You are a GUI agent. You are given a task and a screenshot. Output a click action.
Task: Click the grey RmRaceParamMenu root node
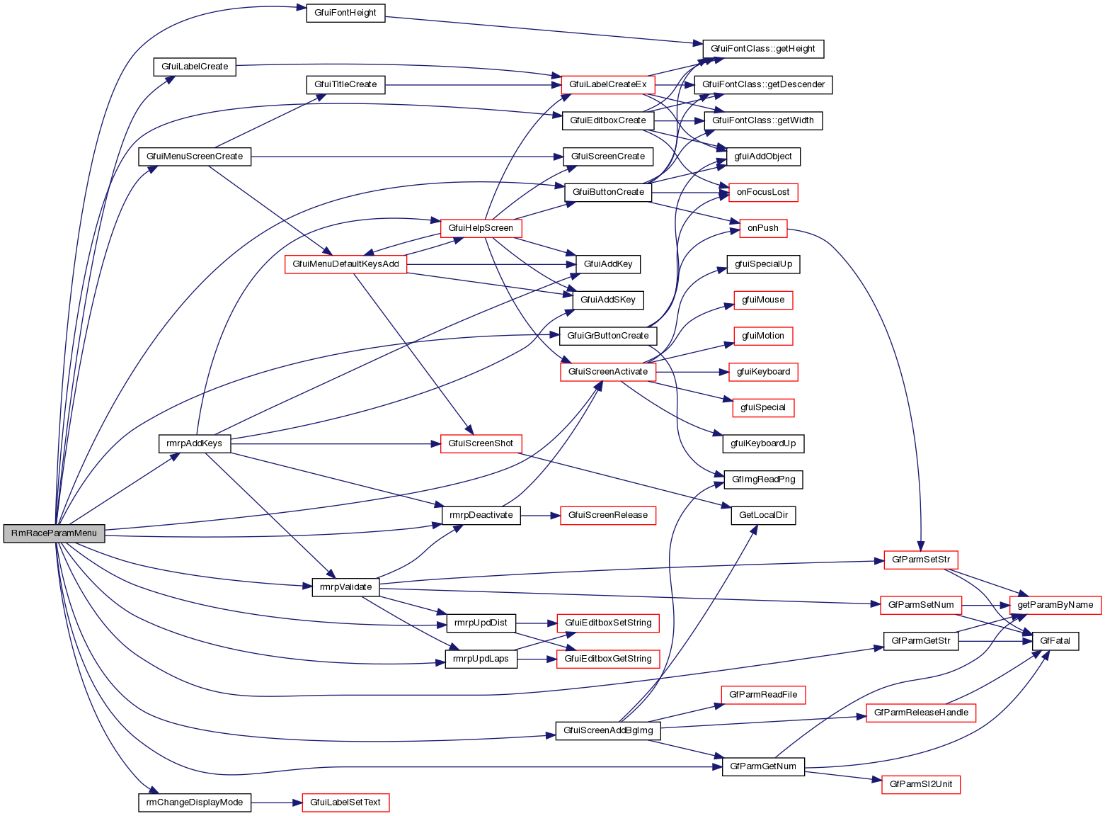pos(54,533)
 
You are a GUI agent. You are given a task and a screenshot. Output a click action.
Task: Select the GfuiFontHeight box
pos(345,13)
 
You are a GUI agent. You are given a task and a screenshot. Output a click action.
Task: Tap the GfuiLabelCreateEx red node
pos(607,84)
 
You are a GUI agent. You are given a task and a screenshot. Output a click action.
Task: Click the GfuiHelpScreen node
pos(481,228)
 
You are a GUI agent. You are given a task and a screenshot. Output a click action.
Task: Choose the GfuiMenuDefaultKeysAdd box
pos(345,264)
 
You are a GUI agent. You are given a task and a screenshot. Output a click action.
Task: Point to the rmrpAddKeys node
pos(194,444)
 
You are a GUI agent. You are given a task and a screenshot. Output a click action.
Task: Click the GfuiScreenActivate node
pos(607,372)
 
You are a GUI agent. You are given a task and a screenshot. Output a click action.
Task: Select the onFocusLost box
pos(763,192)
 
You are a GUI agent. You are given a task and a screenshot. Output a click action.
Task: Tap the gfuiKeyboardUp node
pos(763,444)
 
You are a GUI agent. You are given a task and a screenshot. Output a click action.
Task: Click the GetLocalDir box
pos(763,515)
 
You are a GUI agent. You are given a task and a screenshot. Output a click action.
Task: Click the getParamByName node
pos(1055,605)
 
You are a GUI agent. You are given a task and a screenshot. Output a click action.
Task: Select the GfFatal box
pos(1055,641)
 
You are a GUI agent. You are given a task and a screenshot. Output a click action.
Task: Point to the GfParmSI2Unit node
pos(920,784)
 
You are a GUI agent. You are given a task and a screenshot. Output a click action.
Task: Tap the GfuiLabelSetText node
pos(345,803)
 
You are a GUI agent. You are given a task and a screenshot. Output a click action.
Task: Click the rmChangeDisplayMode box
pos(194,803)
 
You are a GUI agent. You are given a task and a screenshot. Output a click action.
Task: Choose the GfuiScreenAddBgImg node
pos(608,730)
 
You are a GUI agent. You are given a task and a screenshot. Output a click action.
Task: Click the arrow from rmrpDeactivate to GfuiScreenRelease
pos(540,515)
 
